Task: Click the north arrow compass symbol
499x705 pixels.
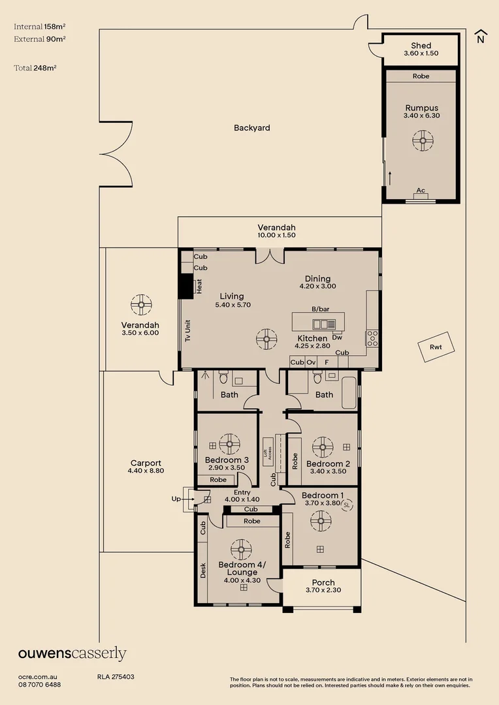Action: [x=480, y=37]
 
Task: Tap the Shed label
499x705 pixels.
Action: [x=421, y=46]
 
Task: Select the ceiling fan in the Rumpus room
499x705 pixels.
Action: [x=421, y=139]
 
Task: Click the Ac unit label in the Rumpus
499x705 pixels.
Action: [x=421, y=191]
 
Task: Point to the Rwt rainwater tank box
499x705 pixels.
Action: [x=436, y=347]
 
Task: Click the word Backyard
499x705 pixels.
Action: [x=251, y=128]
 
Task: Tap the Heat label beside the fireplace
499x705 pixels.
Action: [x=199, y=287]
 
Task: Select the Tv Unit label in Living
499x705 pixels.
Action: [x=187, y=330]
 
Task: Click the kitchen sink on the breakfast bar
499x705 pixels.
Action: [x=323, y=324]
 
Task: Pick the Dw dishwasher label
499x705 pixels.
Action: [x=337, y=337]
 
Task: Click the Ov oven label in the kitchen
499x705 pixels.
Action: [x=311, y=362]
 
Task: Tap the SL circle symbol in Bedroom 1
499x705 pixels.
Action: [x=347, y=505]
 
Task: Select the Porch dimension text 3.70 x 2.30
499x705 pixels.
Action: [x=323, y=590]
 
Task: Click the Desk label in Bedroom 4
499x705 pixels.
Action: [x=203, y=571]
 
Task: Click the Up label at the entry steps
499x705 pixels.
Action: [x=176, y=499]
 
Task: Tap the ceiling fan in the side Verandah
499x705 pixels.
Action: [x=140, y=305]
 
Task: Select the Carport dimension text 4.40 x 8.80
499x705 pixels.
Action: [x=145, y=470]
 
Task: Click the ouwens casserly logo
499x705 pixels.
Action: [x=72, y=653]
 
